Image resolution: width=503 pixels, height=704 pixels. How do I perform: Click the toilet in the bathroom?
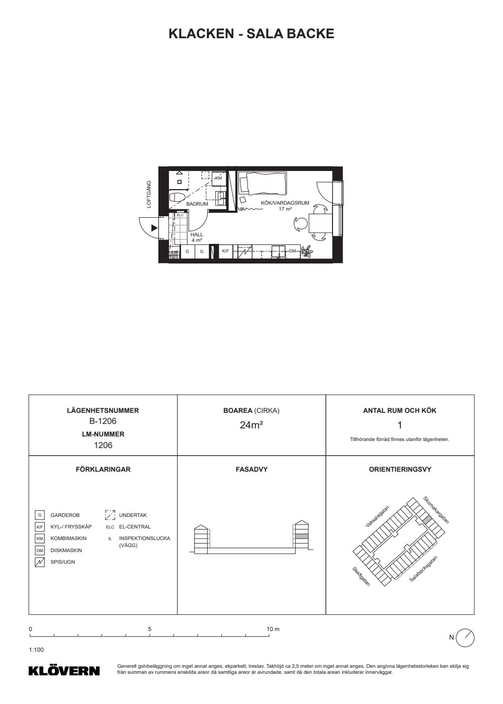coord(177,198)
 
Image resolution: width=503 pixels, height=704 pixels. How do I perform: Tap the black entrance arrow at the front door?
coord(154,228)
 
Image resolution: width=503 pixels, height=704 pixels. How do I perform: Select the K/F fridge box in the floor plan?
coord(225,251)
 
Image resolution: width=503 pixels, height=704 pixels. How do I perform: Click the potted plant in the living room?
coord(306,251)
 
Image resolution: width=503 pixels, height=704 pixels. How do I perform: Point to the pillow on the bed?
coord(244,184)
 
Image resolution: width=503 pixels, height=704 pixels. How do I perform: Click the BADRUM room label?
coord(197,204)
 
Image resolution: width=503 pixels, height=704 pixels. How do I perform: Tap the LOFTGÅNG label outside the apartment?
coord(149,194)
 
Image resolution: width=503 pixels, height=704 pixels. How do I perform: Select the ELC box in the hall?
coord(180,215)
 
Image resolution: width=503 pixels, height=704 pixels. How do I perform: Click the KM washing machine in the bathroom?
coord(218,178)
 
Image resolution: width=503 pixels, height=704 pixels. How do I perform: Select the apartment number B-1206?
coord(103,421)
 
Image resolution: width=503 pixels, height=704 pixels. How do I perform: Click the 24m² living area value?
coord(251,425)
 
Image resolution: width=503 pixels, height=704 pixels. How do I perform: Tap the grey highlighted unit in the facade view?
coord(301,536)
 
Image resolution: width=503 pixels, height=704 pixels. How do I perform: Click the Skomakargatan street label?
coord(436,510)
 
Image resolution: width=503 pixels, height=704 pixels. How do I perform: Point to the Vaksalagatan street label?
coord(377,516)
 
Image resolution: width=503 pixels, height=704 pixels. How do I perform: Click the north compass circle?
coord(465,638)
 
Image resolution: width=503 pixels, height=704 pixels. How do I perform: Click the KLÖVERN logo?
coord(64,671)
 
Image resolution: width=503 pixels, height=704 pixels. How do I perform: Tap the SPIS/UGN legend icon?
coord(40,562)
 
